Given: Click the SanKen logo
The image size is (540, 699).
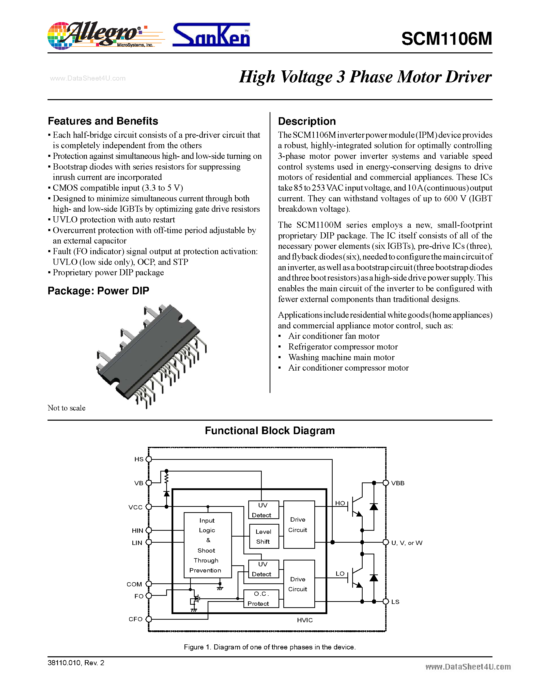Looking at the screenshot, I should click(211, 35).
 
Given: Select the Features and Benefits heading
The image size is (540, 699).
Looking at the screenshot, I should click(103, 121).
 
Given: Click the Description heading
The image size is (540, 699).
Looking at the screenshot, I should click(307, 121).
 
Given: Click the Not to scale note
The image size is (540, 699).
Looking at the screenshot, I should click(67, 408).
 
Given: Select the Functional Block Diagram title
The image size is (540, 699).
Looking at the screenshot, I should click(270, 431).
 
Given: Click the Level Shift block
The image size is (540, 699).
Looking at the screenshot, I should click(264, 536).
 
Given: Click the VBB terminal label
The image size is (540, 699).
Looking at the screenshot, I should click(398, 483).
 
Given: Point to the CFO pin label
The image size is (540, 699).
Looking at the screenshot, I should click(135, 619).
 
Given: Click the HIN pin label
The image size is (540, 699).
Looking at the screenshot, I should click(137, 530).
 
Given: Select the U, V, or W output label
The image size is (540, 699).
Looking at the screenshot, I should click(407, 543).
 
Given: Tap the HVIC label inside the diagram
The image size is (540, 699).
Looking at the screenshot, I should click(304, 620).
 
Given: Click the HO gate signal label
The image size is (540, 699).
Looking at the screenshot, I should click(340, 503).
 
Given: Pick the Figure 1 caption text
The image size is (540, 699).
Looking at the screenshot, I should click(270, 647).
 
